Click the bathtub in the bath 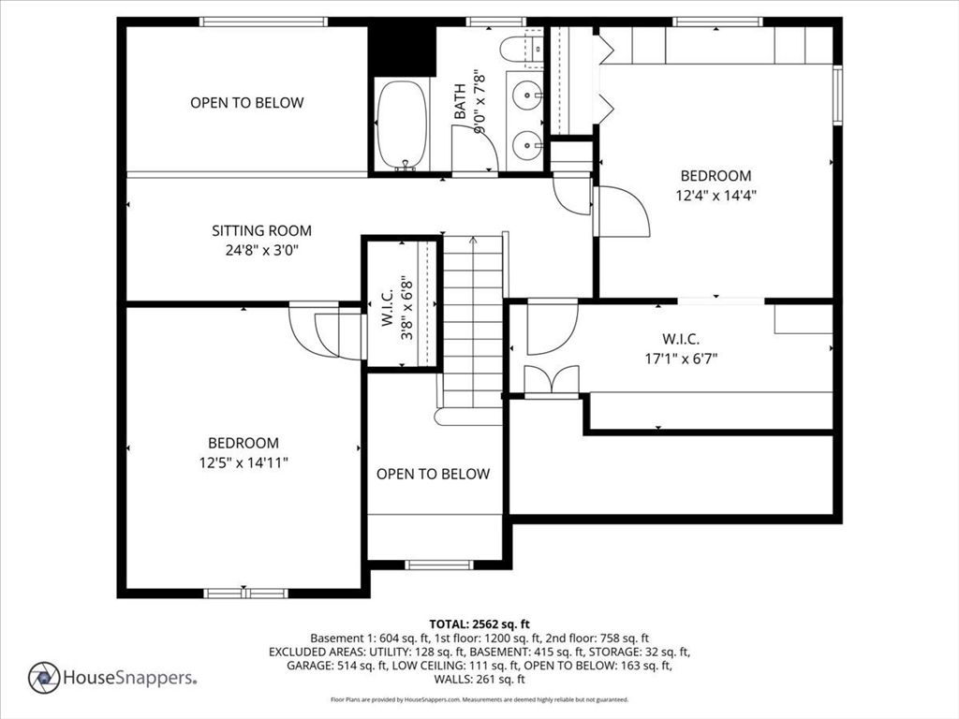(402, 125)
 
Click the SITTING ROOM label (261, 230)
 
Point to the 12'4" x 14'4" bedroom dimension (716, 196)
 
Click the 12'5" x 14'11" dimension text (243, 462)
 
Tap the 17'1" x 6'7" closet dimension (681, 358)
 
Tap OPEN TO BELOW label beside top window (247, 103)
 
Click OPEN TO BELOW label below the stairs (433, 474)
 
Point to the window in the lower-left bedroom (245, 593)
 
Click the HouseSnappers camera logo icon (44, 677)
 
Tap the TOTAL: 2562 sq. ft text (479, 624)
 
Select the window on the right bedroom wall (838, 94)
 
